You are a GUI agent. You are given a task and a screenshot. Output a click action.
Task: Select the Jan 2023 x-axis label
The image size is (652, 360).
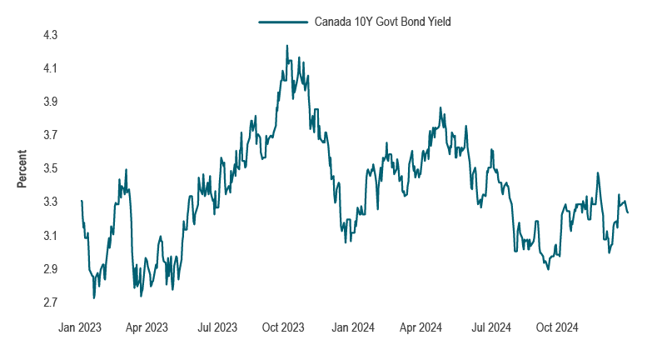(80, 327)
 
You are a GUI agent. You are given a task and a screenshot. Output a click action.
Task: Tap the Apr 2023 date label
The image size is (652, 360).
(146, 327)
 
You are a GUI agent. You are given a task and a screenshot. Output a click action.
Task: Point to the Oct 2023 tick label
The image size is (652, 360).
(281, 327)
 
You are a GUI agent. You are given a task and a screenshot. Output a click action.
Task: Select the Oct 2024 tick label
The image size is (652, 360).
(553, 327)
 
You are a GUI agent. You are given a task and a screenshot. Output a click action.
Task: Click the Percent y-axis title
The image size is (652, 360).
(22, 168)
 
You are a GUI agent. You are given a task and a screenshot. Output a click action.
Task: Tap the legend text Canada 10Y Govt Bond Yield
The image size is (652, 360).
(382, 22)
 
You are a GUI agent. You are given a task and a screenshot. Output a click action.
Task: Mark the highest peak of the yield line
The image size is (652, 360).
(286, 46)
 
